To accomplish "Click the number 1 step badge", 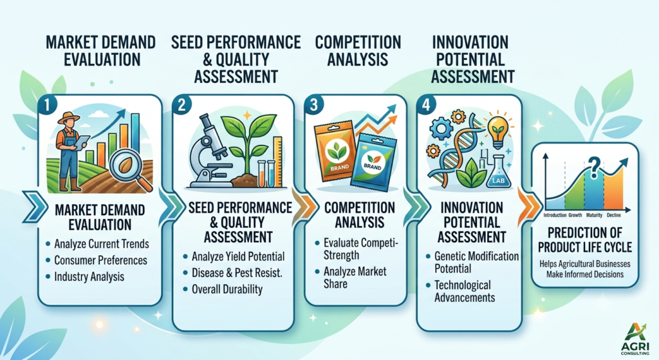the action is click(x=47, y=105).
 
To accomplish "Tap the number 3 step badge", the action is click(x=314, y=105).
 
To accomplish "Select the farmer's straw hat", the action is click(x=68, y=117).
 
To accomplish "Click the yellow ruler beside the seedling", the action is click(x=278, y=162).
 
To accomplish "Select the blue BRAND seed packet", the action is click(x=371, y=162).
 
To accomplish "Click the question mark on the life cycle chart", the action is click(x=593, y=167).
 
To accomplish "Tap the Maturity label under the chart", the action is click(x=594, y=215).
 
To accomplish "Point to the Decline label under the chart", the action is click(x=613, y=215).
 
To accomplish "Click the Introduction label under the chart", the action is click(x=555, y=215).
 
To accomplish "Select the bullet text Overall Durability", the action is click(x=227, y=289).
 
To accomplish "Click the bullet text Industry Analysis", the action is click(x=89, y=277).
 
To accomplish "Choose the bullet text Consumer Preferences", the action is click(x=101, y=260).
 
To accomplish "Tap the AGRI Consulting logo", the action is click(x=635, y=339).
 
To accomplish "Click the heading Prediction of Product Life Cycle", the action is click(x=584, y=240).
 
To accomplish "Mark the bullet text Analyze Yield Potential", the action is click(x=238, y=256).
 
